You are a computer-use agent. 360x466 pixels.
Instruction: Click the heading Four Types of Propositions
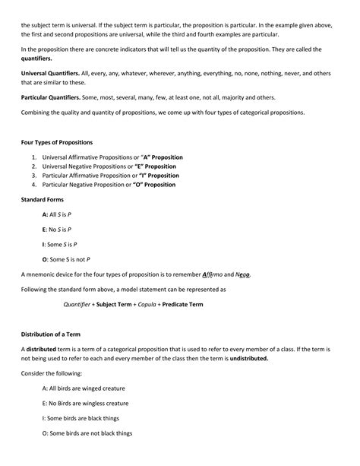tap(57, 143)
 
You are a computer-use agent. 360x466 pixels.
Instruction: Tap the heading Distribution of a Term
tap(56, 333)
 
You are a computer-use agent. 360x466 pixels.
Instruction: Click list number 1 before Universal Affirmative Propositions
tap(34, 157)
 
